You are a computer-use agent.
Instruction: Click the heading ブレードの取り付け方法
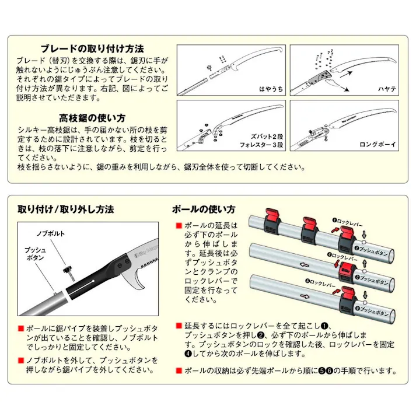click(92, 48)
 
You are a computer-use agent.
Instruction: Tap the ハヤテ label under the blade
click(387, 89)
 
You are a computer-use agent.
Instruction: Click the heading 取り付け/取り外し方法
click(65, 209)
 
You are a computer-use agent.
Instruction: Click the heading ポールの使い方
click(204, 209)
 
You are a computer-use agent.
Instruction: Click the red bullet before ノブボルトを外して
click(20, 359)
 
